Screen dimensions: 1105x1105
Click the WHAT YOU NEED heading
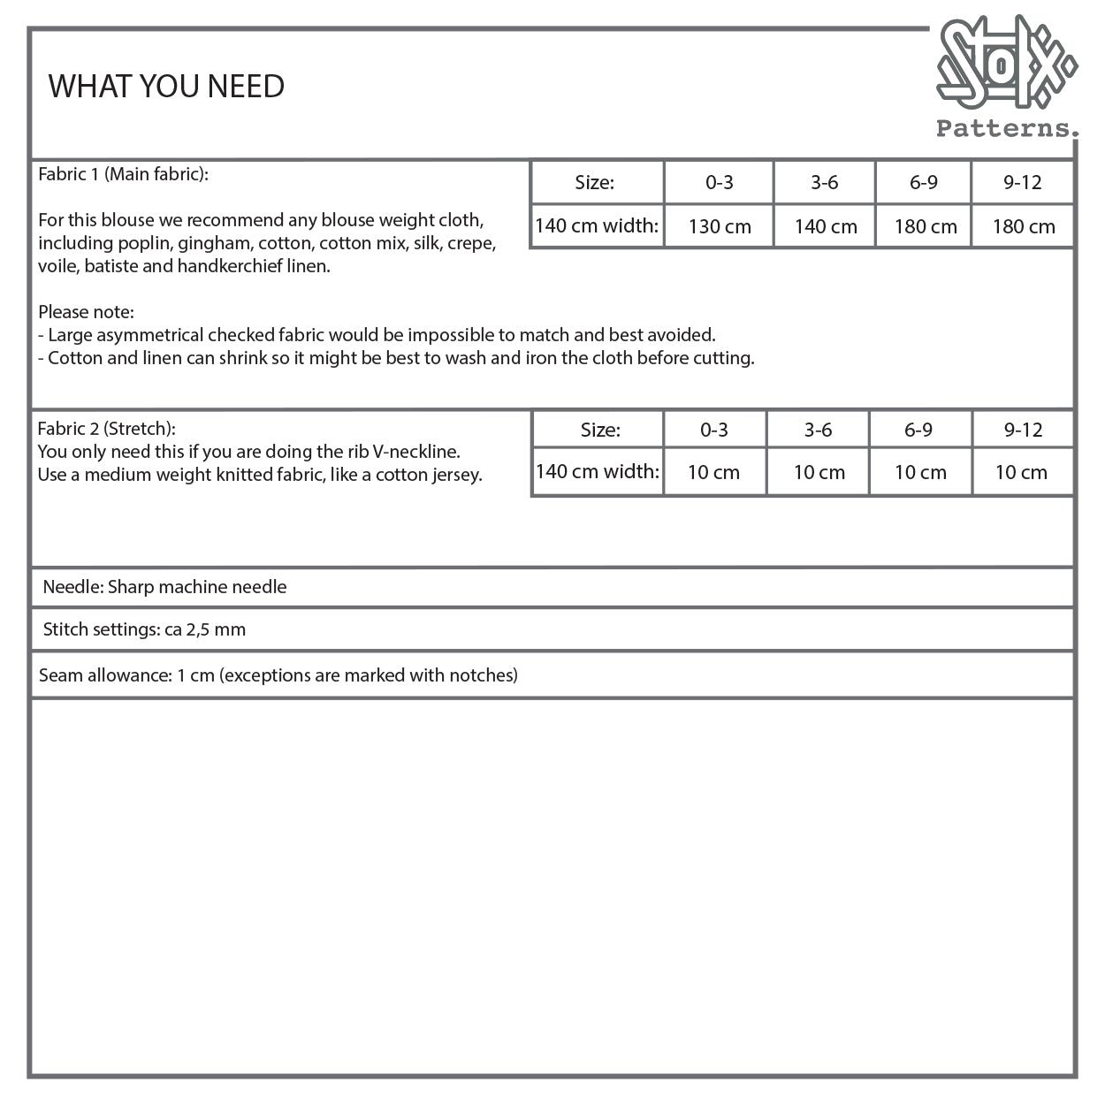pos(166,87)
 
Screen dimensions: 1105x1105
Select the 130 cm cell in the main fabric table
pos(719,226)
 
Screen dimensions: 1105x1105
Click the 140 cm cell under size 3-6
pos(825,226)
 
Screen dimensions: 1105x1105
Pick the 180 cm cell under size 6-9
pos(925,226)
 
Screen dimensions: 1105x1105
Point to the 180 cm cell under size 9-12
pos(1023,226)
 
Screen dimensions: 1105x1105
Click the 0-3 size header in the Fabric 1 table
pos(719,183)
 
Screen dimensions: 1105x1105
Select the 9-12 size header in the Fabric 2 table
pos(1023,431)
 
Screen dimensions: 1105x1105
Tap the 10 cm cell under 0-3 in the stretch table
pos(713,472)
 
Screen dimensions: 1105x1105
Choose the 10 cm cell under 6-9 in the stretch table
pos(919,472)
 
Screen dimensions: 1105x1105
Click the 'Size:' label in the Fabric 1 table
pos(594,183)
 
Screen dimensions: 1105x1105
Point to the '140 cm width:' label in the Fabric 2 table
pos(597,471)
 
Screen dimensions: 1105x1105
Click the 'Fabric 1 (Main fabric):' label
pos(123,174)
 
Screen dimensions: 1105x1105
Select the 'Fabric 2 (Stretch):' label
pos(106,429)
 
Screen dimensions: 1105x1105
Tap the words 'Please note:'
pos(86,312)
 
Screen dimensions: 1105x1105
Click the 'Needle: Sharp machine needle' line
pos(164,587)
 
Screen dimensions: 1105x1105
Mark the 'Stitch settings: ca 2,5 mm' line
pos(144,629)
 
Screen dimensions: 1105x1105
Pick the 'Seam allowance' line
pos(278,675)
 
